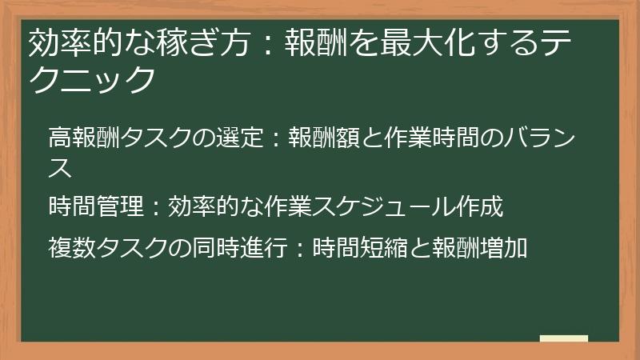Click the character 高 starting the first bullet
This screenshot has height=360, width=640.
tap(59, 138)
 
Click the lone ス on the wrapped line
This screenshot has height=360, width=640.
tap(60, 168)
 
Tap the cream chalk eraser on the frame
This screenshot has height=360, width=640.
tap(563, 339)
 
